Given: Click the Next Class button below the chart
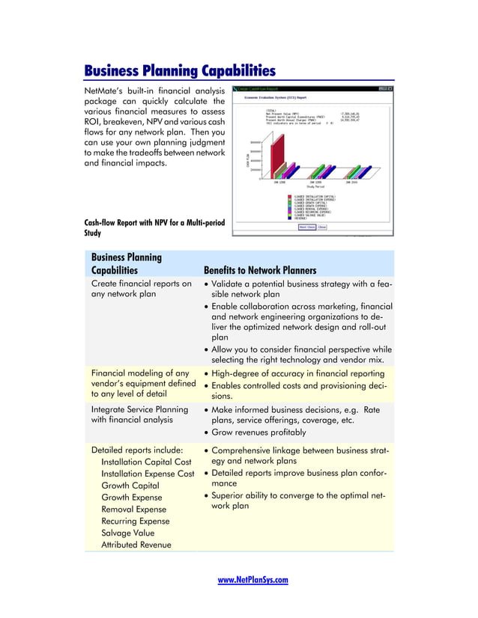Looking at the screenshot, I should coord(307,227).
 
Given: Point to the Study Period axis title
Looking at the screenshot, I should coord(315,186).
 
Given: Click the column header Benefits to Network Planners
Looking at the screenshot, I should coord(259,270).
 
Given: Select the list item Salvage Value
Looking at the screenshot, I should coord(127,533).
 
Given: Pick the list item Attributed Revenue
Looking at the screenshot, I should coord(136,545).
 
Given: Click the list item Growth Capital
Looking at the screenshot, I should coord(130,486).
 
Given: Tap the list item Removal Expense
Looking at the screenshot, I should coord(135,509).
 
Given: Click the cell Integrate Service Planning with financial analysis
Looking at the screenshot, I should coord(139,415).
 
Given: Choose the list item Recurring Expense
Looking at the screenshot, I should coord(136,521).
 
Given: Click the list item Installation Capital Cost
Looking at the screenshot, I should coord(146,462).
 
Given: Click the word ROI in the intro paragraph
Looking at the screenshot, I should coord(92,122).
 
